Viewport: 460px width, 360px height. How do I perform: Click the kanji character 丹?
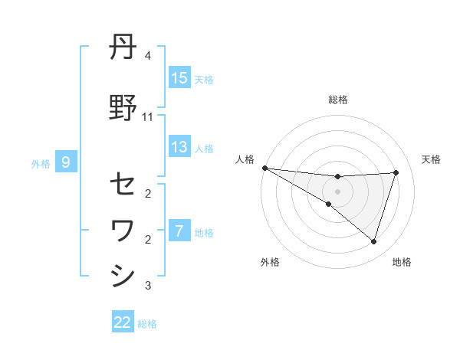pyautogui.click(x=123, y=48)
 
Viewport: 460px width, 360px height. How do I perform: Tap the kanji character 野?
pyautogui.click(x=123, y=108)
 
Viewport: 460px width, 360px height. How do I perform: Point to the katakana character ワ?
pyautogui.click(x=123, y=229)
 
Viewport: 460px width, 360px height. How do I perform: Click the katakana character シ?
pyautogui.click(x=123, y=275)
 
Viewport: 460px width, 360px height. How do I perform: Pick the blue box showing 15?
pyautogui.click(x=179, y=78)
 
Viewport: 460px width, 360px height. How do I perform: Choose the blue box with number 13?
pyautogui.click(x=179, y=147)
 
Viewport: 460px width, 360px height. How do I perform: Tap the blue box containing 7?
pyautogui.click(x=179, y=231)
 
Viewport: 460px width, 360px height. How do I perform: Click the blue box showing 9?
pyautogui.click(x=66, y=162)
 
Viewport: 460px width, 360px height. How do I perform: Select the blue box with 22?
pyautogui.click(x=123, y=322)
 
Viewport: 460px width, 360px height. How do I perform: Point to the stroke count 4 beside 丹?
pyautogui.click(x=147, y=56)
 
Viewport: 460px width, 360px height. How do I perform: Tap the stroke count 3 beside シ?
pyautogui.click(x=147, y=286)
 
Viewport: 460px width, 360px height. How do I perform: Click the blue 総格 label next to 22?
pyautogui.click(x=147, y=324)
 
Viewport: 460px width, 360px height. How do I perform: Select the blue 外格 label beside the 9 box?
pyautogui.click(x=41, y=163)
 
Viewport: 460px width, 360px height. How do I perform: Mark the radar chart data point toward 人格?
pyautogui.click(x=264, y=167)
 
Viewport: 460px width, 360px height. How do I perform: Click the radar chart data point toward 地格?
pyautogui.click(x=373, y=241)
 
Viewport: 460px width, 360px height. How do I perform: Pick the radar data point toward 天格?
pyautogui.click(x=396, y=172)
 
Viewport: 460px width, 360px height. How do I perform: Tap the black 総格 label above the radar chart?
pyautogui.click(x=337, y=100)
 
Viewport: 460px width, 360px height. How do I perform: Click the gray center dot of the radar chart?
pyautogui.click(x=337, y=191)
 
